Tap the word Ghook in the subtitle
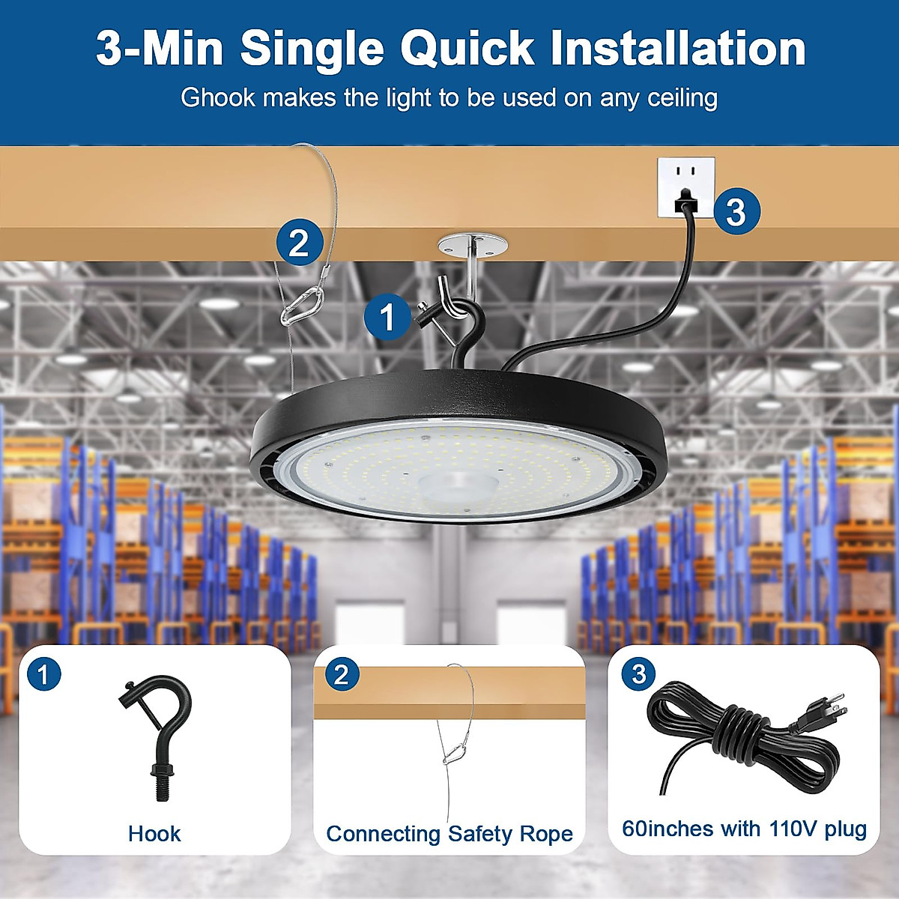coord(218,98)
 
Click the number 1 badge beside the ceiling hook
coord(387,317)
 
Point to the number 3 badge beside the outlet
coord(736,211)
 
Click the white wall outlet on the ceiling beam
coord(685,187)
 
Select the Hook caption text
coord(154,834)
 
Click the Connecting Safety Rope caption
coord(449,834)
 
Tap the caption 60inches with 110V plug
coord(744,829)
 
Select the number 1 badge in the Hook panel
coord(43,674)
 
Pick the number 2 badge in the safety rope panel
coord(342,674)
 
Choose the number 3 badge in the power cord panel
coord(638,674)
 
